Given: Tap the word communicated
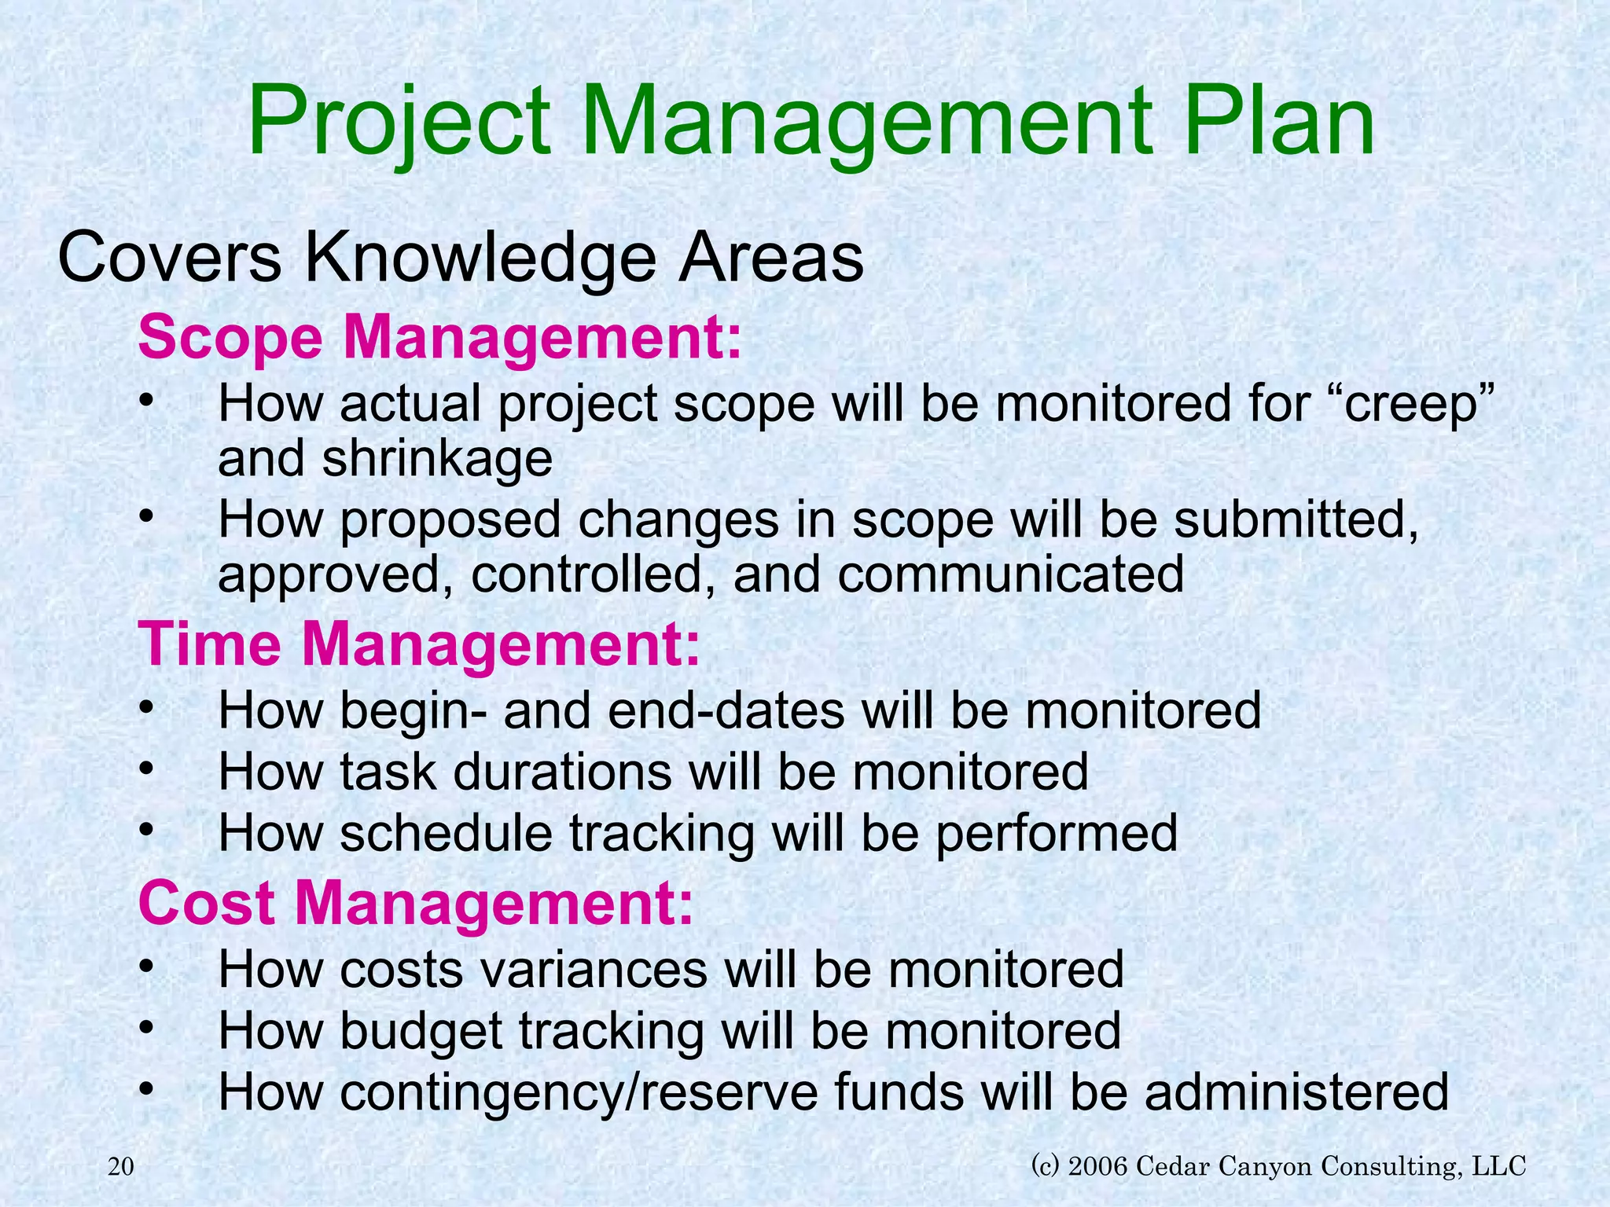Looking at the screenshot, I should [x=1010, y=574].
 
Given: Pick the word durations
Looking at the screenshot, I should [x=562, y=772].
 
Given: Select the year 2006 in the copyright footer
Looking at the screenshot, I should [x=1098, y=1165].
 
